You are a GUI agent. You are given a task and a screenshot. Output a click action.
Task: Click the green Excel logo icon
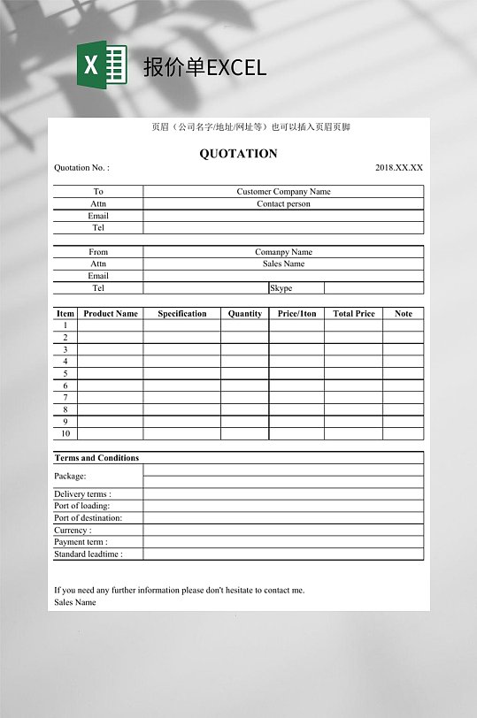[x=102, y=65]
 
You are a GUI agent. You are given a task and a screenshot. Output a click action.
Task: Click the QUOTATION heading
[x=238, y=154]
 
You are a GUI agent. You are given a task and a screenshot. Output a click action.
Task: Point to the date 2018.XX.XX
[x=398, y=168]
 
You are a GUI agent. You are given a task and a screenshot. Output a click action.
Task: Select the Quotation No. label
[x=81, y=168]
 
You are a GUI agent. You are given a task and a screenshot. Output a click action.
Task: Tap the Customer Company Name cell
[x=283, y=192]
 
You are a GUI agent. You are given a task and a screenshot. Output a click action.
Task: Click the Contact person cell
[x=283, y=204]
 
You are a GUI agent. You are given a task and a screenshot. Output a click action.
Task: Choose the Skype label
[x=281, y=288]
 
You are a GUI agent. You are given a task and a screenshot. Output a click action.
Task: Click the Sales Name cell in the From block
[x=283, y=264]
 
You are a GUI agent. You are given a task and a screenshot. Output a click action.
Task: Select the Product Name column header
[x=111, y=314]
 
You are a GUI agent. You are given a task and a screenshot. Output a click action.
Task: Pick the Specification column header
[x=182, y=314]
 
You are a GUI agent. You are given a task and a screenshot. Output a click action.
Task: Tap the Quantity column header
[x=244, y=314]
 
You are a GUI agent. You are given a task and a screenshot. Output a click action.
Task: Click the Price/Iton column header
[x=296, y=314]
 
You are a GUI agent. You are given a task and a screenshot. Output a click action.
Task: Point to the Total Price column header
[x=353, y=314]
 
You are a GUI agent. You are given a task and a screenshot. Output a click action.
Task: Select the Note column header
[x=403, y=314]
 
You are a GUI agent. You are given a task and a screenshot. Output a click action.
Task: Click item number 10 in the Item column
[x=65, y=434]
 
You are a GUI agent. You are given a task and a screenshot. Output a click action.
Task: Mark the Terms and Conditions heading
[x=96, y=458]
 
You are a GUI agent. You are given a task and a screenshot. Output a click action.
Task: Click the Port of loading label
[x=82, y=507]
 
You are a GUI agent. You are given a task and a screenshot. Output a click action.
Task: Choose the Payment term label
[x=81, y=542]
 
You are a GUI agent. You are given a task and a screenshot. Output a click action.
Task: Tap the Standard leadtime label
[x=88, y=554]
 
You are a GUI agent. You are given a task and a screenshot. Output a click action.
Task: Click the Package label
[x=70, y=477]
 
